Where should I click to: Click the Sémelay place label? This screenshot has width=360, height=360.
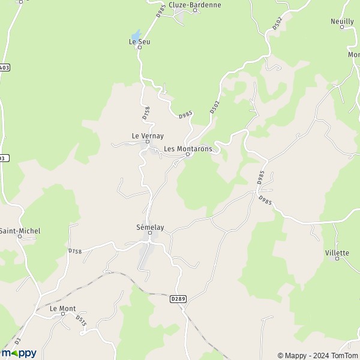tap(150, 227)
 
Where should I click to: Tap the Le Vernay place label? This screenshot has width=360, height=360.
tap(148, 136)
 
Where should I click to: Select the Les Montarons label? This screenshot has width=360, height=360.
tap(188, 149)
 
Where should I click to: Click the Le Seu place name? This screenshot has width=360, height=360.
tap(139, 41)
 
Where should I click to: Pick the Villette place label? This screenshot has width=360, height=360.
tap(337, 253)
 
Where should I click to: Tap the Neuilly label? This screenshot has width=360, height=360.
tap(342, 21)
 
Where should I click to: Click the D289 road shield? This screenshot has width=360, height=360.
tap(178, 299)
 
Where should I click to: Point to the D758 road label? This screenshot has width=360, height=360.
tap(74, 251)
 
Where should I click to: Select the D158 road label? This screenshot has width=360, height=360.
tap(146, 112)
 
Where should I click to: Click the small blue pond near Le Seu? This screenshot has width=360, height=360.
tap(136, 35)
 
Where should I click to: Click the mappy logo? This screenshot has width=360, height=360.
tap(19, 353)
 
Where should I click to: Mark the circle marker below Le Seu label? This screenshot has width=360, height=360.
tap(139, 47)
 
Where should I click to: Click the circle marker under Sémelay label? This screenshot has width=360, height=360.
tap(150, 233)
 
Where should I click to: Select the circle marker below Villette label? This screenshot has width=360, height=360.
tap(337, 259)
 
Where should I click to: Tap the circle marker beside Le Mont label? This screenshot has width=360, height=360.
tap(62, 313)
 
